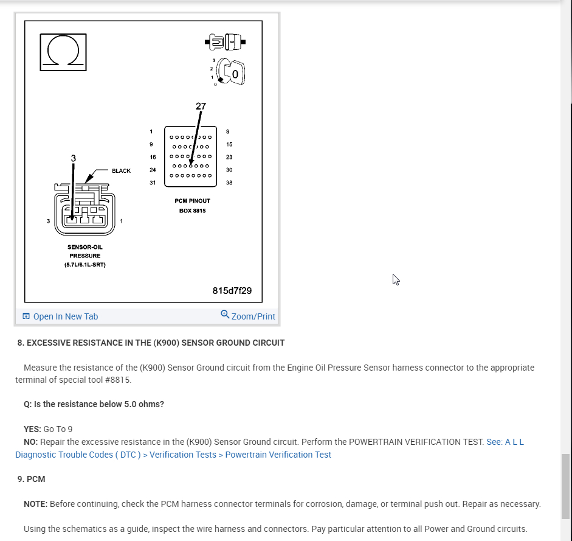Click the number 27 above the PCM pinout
pyautogui.click(x=201, y=106)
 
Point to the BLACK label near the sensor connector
pyautogui.click(x=121, y=171)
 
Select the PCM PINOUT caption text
pyautogui.click(x=192, y=201)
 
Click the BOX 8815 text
pyautogui.click(x=192, y=211)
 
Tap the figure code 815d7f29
pyautogui.click(x=232, y=291)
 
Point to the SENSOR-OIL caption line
pyautogui.click(x=84, y=247)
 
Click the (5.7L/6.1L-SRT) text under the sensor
pyautogui.click(x=84, y=265)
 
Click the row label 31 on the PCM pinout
pyautogui.click(x=153, y=183)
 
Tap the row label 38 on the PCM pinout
pyautogui.click(x=229, y=183)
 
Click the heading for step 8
pyautogui.click(x=151, y=343)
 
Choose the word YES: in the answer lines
pyautogui.click(x=32, y=429)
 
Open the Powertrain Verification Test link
pyautogui.click(x=278, y=455)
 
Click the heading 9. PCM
pyautogui.click(x=32, y=479)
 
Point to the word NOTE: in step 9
pyautogui.click(x=36, y=504)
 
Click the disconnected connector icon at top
pyautogui.click(x=226, y=43)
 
